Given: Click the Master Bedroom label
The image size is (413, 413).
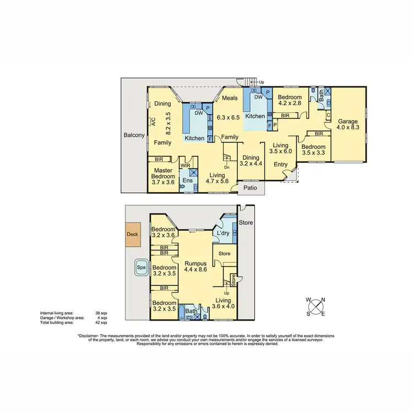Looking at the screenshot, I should coord(163,173).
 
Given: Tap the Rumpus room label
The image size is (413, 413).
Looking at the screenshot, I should coord(196,263).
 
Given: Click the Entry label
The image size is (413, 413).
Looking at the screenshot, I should coord(280,164).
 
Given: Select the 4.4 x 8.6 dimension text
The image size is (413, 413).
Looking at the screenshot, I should coord(196,270).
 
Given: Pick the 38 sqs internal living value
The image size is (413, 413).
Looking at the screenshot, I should coord(101,312).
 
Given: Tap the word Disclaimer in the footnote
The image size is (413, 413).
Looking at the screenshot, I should coord(90,335).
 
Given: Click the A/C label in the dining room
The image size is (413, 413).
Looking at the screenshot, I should coord(153,123).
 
